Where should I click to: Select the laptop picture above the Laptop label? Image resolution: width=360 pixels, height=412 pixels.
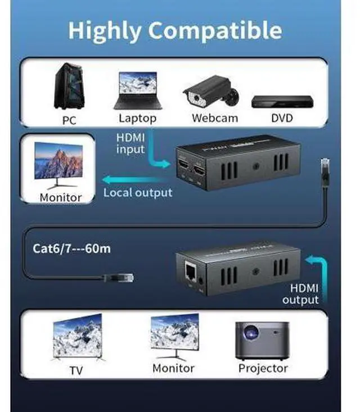click(137, 90)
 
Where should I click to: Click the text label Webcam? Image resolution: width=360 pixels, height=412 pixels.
click(214, 119)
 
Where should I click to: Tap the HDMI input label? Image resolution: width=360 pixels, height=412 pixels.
click(130, 143)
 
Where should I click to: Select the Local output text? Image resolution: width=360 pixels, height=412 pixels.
click(138, 192)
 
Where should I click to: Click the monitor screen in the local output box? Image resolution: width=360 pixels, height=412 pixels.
click(58, 160)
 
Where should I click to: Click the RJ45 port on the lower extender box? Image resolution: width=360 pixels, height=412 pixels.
click(189, 272)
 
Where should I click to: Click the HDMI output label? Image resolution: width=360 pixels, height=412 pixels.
click(300, 294)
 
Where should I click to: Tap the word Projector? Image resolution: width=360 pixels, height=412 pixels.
click(263, 369)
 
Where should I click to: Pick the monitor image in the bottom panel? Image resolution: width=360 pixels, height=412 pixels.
click(174, 336)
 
